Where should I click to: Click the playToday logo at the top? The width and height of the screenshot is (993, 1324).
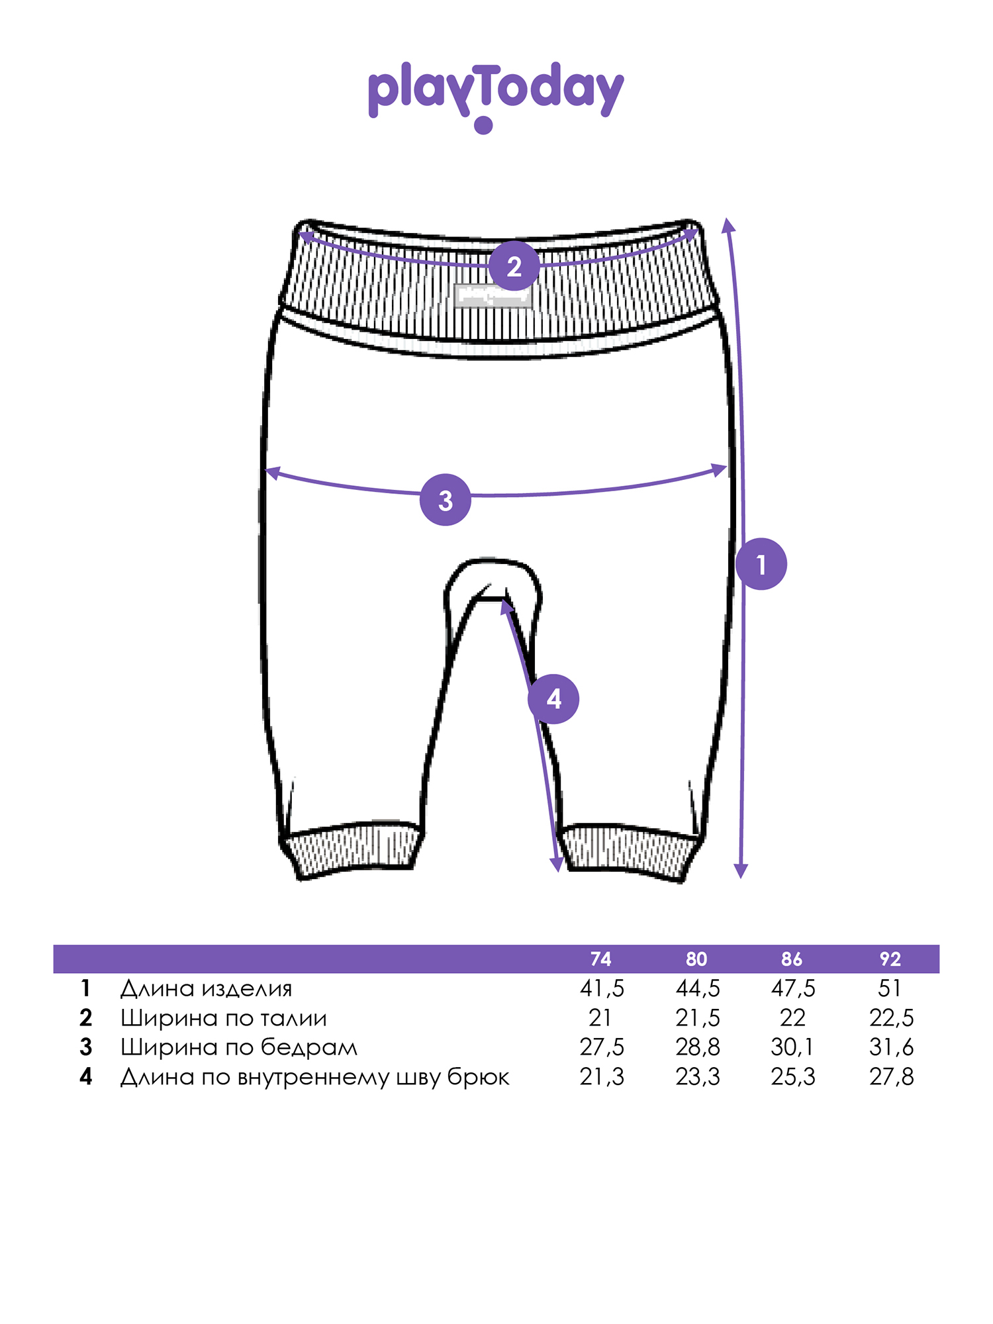click(x=496, y=96)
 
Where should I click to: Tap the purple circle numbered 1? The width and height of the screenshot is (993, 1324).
click(x=761, y=564)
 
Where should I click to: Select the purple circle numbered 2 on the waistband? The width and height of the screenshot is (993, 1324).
click(x=514, y=266)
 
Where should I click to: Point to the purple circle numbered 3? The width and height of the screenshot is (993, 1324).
click(x=446, y=500)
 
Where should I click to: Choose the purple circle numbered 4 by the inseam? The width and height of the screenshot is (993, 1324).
click(x=553, y=698)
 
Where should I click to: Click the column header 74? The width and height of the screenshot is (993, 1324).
click(x=600, y=959)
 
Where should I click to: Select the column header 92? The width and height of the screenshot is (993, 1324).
click(x=890, y=959)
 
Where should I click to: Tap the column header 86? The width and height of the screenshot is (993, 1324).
click(x=792, y=959)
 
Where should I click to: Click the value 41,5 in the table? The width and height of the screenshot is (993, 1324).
click(x=602, y=988)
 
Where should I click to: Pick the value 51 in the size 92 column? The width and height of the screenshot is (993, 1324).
click(x=890, y=988)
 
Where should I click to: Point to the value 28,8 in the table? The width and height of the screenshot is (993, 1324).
click(x=698, y=1047)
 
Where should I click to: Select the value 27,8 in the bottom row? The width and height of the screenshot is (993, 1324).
click(x=892, y=1077)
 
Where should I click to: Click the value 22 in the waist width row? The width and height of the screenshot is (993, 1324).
click(x=792, y=1017)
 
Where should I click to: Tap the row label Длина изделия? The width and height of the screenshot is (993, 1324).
click(x=206, y=989)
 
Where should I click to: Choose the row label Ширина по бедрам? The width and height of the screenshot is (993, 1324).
click(x=239, y=1047)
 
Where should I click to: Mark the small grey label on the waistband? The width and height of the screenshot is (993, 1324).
click(x=493, y=295)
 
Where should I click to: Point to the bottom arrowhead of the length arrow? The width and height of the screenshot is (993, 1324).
click(x=741, y=871)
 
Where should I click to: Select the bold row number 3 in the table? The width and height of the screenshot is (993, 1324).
click(x=85, y=1047)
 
